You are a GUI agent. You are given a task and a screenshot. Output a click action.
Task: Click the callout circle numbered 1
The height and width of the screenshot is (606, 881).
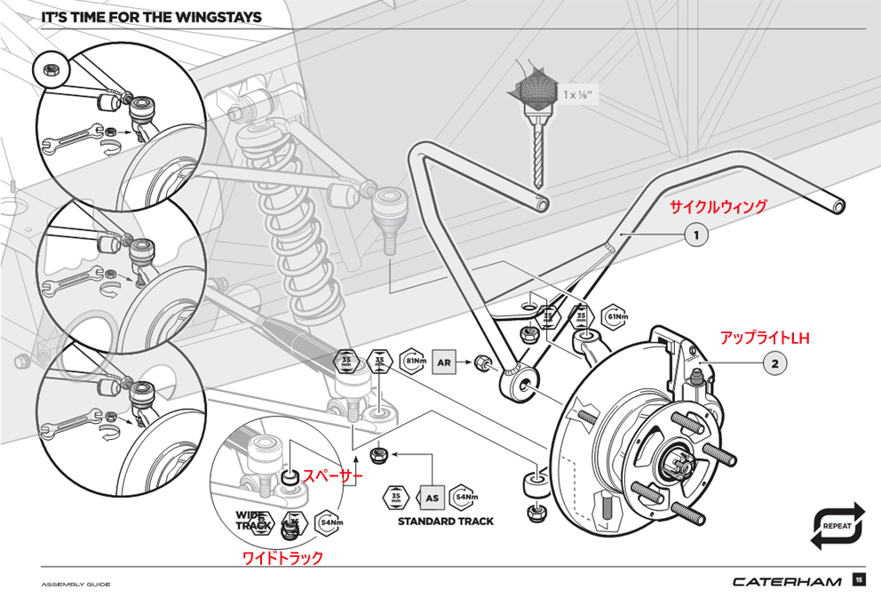coord(697,235)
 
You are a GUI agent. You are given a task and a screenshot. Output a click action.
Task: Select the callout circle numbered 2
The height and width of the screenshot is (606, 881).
coord(775,363)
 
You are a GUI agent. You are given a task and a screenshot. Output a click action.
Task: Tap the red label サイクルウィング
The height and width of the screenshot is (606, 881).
coord(718,207)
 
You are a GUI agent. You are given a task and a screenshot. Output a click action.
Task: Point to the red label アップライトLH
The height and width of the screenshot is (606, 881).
coord(764,339)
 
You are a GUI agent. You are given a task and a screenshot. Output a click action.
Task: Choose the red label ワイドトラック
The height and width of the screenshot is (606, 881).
coord(282,558)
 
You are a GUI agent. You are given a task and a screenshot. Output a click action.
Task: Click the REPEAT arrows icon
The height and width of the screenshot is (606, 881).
coord(837,525)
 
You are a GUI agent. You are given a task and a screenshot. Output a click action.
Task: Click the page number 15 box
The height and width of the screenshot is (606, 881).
coord(859,579)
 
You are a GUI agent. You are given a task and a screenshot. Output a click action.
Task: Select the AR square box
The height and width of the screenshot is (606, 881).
coord(445,363)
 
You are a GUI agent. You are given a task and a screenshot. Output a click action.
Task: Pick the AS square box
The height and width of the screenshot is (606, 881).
coord(433,498)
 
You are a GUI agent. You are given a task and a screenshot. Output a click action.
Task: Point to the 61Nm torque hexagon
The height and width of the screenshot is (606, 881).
coord(615,315)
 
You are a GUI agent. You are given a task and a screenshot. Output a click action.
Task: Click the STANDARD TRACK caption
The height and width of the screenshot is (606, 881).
coord(445,522)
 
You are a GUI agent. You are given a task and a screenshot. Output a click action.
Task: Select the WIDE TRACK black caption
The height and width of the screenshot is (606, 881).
coord(253,520)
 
